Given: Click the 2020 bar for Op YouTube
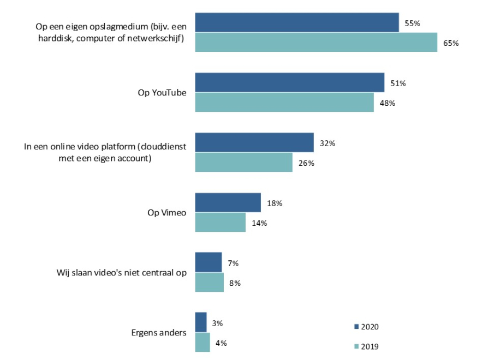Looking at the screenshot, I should (289, 82).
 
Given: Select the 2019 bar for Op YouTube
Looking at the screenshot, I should (284, 102).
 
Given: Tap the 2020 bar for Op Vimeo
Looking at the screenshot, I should (228, 202).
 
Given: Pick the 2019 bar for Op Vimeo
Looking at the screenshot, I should (220, 222).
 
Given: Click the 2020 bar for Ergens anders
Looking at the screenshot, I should (201, 322).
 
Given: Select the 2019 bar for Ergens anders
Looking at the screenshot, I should (202, 342).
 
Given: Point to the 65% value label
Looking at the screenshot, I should (451, 43).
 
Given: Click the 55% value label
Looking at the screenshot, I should (413, 23).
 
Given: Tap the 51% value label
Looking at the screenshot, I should (398, 83).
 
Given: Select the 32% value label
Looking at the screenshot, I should (327, 143).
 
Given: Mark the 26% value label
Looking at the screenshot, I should (306, 163).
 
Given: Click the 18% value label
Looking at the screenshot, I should (275, 203).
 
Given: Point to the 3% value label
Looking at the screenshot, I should (217, 323).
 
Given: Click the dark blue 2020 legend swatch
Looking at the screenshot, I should (356, 327).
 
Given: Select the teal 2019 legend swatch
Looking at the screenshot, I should (356, 346).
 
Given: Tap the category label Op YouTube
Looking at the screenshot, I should (162, 93).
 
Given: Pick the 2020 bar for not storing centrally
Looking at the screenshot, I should (208, 262).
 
